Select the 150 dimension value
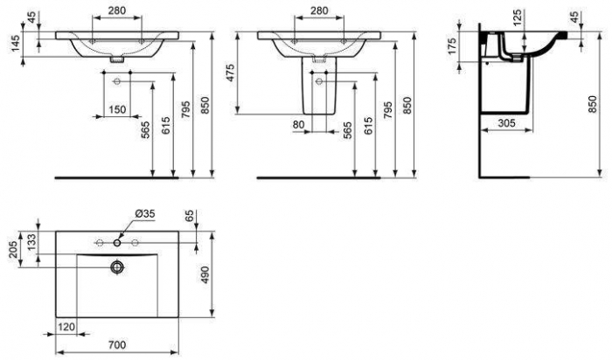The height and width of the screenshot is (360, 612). pyautogui.click(x=116, y=108)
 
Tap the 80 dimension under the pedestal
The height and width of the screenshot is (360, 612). pyautogui.click(x=299, y=125)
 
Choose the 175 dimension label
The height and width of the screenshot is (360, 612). pyautogui.click(x=452, y=46)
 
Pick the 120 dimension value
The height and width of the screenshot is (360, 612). pyautogui.click(x=65, y=326)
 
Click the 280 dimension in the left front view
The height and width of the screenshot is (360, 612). pyautogui.click(x=116, y=10)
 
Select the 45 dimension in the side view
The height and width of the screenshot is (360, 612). pyautogui.click(x=599, y=17)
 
